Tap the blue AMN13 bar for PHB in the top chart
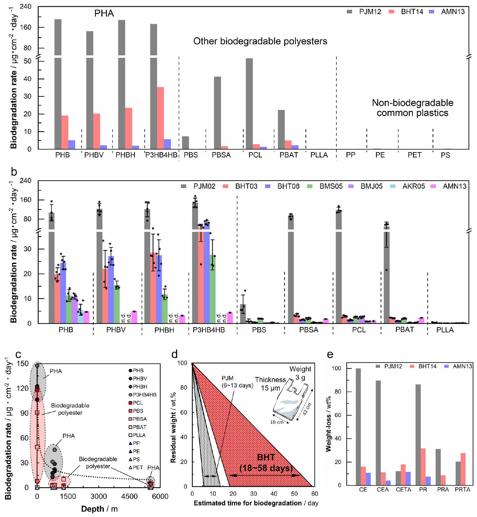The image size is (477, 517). [x=72, y=144]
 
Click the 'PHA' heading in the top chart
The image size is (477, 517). [x=104, y=13]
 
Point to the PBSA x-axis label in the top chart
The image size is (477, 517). [x=221, y=155]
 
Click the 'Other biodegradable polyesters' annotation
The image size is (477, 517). [x=260, y=41]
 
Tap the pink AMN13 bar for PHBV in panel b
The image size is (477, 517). [x=134, y=317]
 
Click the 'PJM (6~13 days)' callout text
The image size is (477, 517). [x=237, y=382]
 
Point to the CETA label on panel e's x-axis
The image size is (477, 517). [x=403, y=490]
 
